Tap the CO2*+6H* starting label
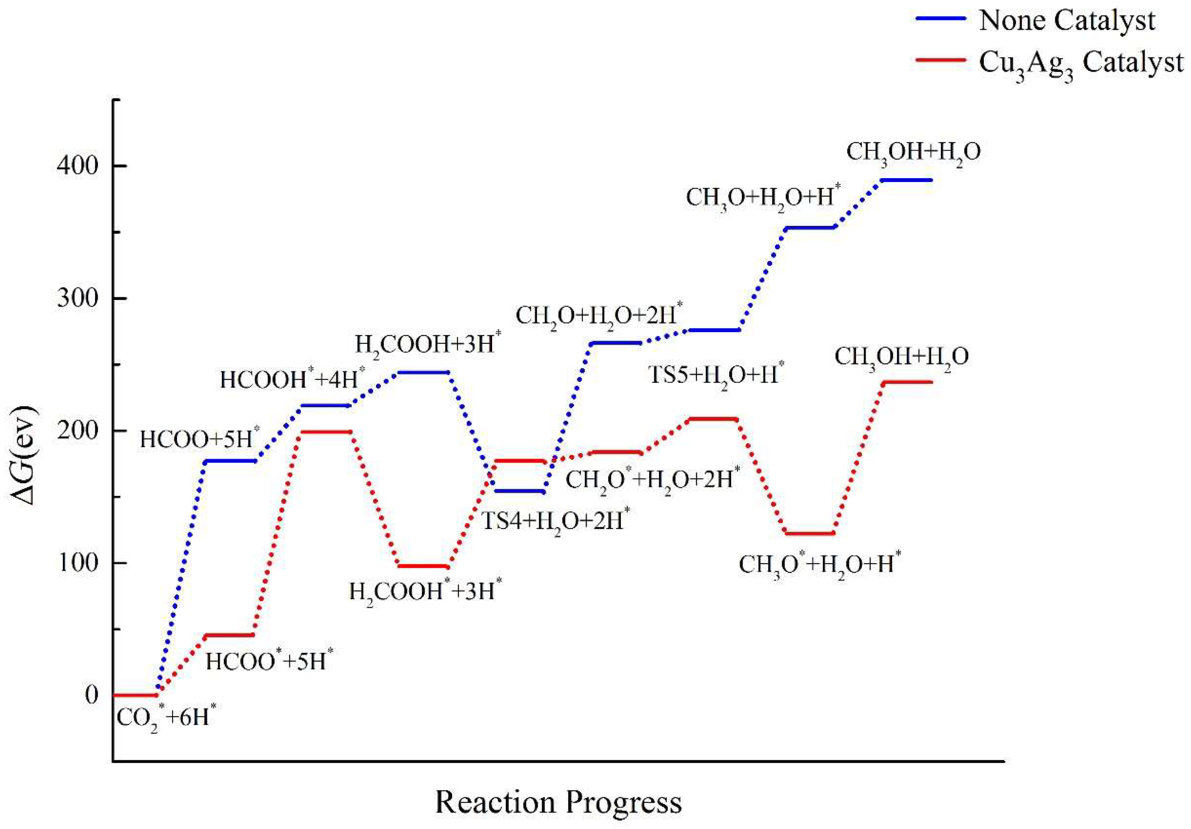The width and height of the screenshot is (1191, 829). (x=166, y=718)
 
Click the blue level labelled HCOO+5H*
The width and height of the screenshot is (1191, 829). (x=231, y=461)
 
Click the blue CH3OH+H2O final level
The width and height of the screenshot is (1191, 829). (x=906, y=180)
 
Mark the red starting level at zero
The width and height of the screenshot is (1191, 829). (x=135, y=695)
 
